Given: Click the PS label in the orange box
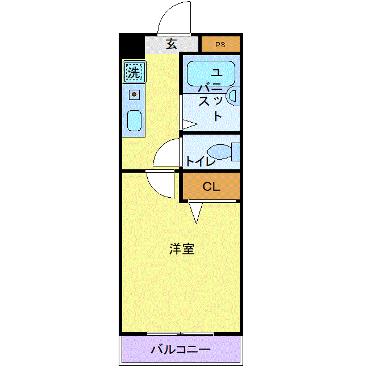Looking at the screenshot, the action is pos(220,44).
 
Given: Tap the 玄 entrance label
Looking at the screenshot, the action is pos(172,44).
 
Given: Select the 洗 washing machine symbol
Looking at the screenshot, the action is pos(134,72).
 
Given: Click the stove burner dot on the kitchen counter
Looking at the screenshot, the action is pos(134,94).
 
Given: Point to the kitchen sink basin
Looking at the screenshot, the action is pos(134,120).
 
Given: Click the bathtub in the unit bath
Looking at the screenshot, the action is pos(211,73).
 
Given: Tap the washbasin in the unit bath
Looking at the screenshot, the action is pos(234,96).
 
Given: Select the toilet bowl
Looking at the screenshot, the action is pos(219,152).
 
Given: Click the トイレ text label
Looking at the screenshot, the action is pos(201,161).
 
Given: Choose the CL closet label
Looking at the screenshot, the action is pos(211,186).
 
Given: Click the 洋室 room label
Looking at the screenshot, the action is pos(182,249).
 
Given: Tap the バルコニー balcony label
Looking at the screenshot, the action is pos(181,349).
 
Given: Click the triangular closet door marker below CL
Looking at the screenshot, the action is pos(196,212).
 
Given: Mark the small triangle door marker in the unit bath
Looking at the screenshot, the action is pos(190,124).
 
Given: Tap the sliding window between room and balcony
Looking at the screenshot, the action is pos(180,334).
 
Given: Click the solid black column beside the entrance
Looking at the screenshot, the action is pos(132,47).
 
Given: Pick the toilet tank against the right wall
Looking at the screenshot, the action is pos(236,152).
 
